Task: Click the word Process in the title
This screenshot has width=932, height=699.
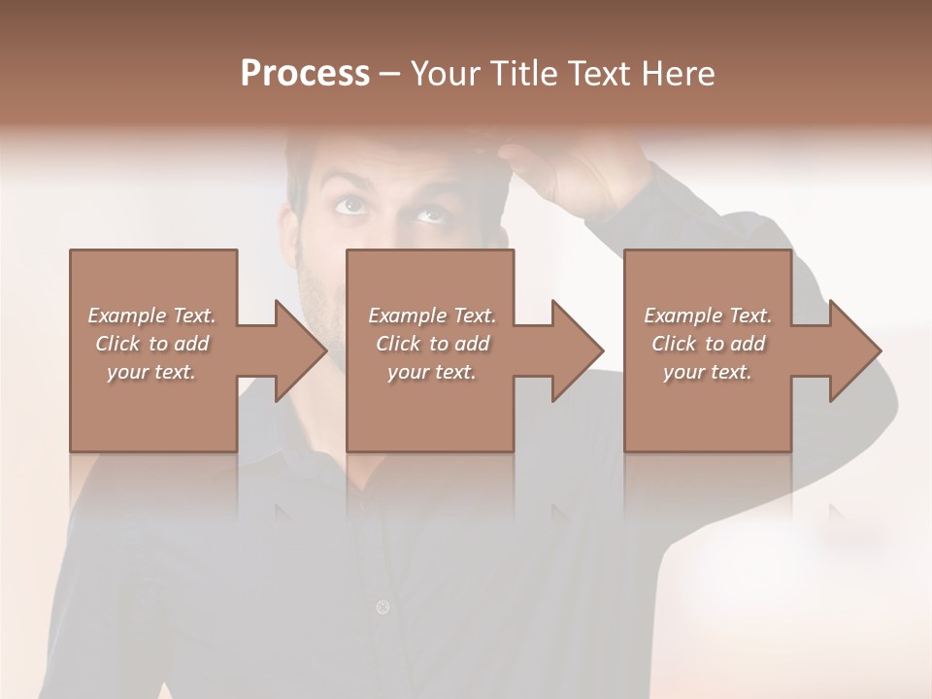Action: pyautogui.click(x=305, y=74)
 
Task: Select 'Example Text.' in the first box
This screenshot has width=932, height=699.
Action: pyautogui.click(x=151, y=316)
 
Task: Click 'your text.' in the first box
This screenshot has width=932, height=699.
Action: pyautogui.click(x=151, y=372)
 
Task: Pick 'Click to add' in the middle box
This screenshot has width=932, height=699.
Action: pyautogui.click(x=432, y=344)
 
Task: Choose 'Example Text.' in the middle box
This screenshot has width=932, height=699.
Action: pyautogui.click(x=432, y=316)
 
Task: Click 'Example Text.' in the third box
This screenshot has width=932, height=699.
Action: pyautogui.click(x=708, y=316)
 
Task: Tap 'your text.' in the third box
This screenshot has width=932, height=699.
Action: pyautogui.click(x=708, y=372)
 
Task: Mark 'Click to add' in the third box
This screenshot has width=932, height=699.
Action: pyautogui.click(x=708, y=344)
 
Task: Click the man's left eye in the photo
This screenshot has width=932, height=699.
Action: pyautogui.click(x=430, y=213)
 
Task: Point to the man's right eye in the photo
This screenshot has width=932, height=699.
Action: pyautogui.click(x=351, y=204)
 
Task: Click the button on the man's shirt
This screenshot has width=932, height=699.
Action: pyautogui.click(x=383, y=608)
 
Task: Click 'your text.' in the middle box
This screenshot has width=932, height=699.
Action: pyautogui.click(x=432, y=372)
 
